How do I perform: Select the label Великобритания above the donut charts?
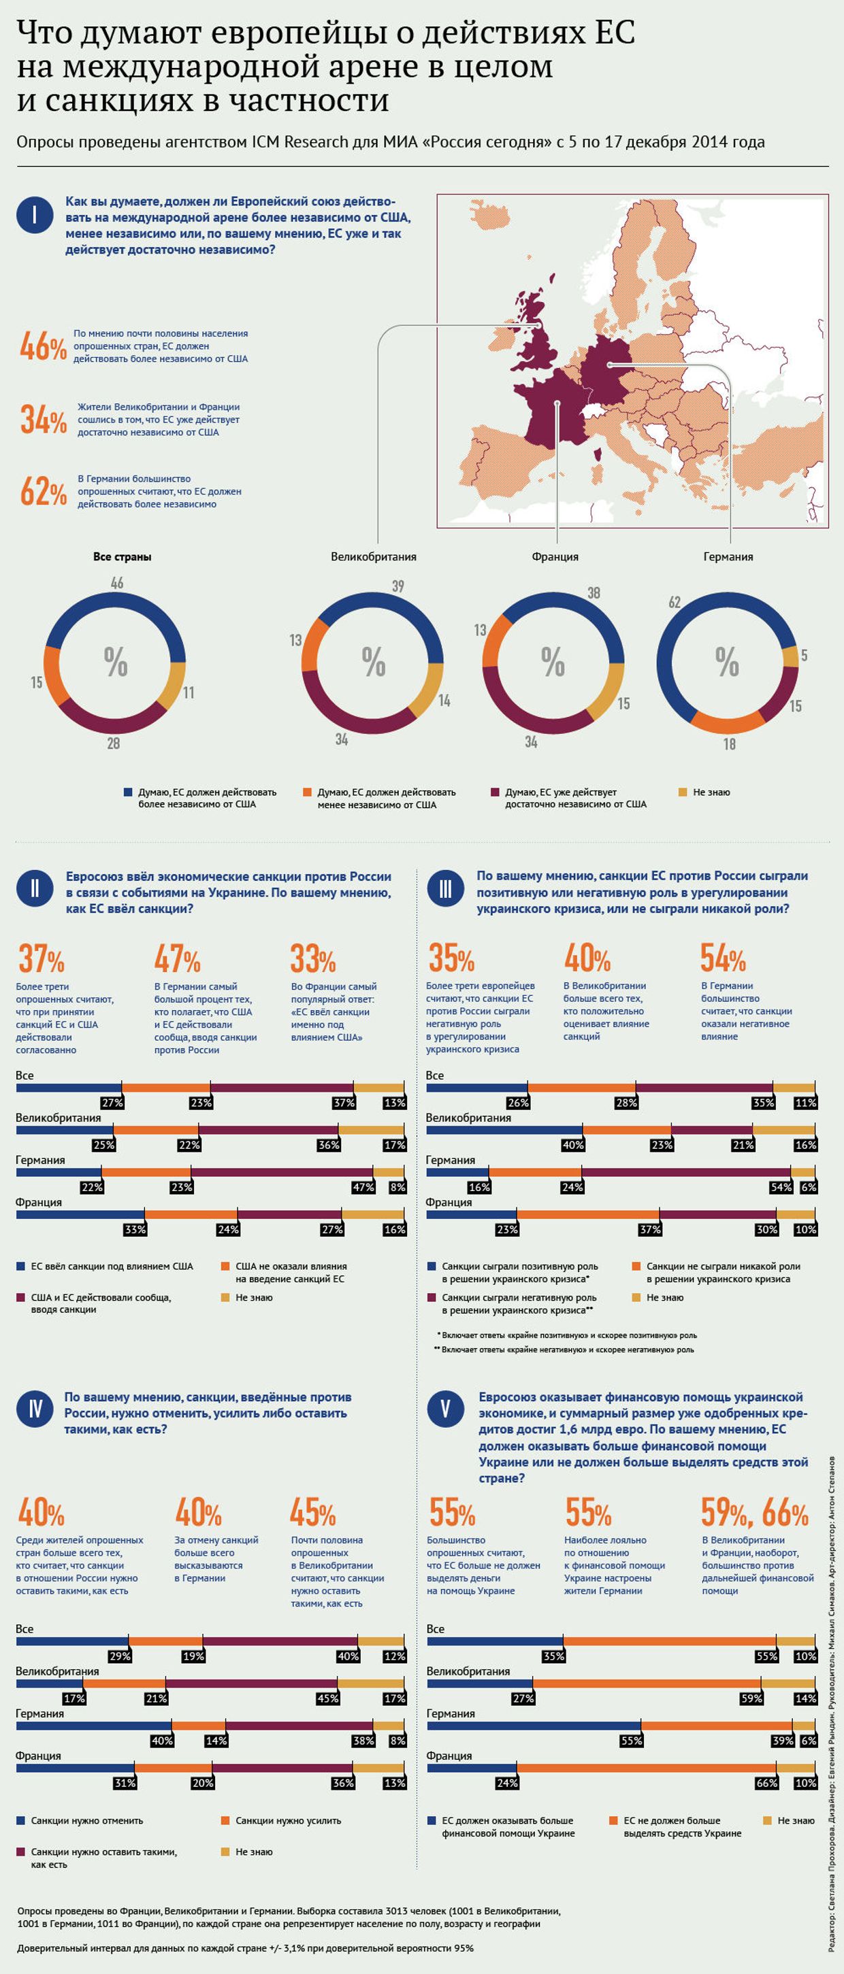point(373,557)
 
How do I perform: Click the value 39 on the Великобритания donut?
point(398,586)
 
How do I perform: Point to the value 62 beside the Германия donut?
point(675,602)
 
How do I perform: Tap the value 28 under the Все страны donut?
point(114,743)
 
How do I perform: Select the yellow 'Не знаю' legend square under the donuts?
point(683,792)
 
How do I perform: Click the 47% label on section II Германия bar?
point(363,1187)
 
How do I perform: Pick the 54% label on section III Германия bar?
point(781,1187)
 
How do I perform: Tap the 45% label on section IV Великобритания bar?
point(327,1698)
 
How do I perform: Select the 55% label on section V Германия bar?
point(631,1740)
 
